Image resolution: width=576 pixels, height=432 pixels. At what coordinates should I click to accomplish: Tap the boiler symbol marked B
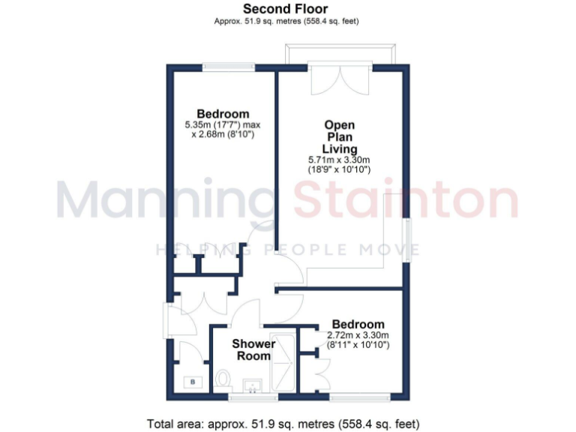(x=193, y=381)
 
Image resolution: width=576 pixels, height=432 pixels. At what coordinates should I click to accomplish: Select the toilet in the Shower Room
(x=223, y=379)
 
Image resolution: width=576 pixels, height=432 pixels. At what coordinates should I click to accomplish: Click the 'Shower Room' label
(x=253, y=349)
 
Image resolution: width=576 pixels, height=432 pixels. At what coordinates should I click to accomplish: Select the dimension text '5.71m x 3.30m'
(x=340, y=159)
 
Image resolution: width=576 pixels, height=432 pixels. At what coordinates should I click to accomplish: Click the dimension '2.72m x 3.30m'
(x=358, y=335)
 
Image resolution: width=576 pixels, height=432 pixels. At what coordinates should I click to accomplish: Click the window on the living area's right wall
(x=409, y=239)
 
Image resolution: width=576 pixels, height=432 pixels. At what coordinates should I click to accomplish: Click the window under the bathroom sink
(x=253, y=396)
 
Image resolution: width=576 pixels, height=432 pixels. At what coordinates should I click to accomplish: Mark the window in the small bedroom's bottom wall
(x=358, y=396)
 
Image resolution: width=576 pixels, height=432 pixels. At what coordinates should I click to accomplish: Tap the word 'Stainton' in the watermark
(x=406, y=200)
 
